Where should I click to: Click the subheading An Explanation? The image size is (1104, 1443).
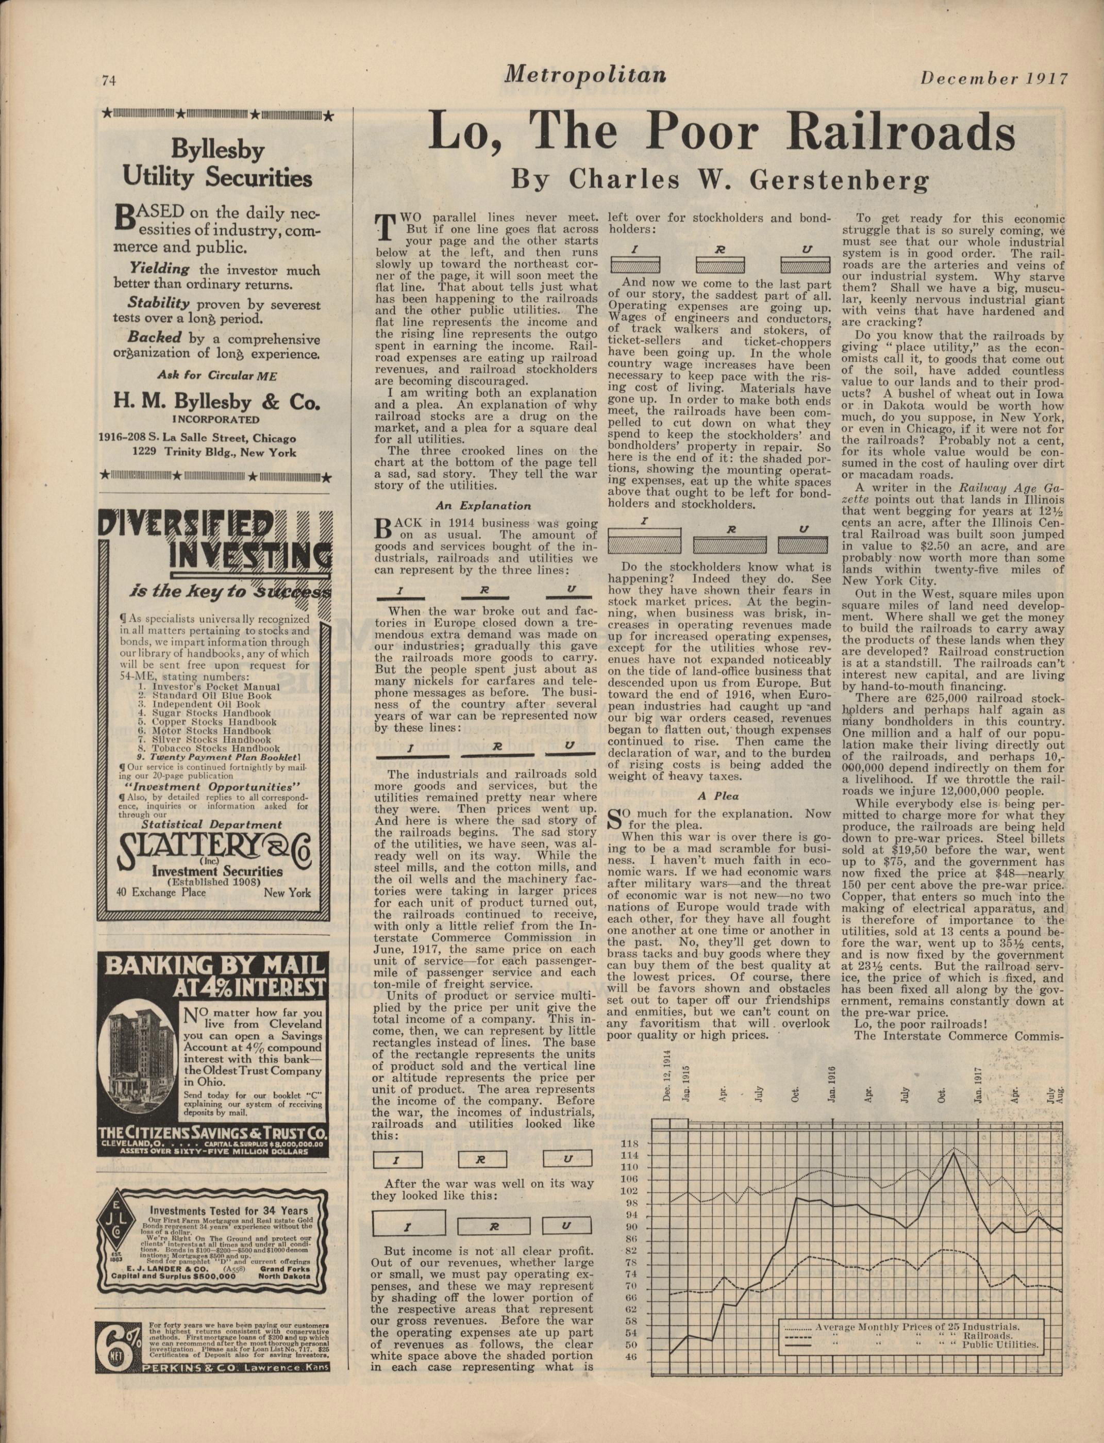(x=483, y=506)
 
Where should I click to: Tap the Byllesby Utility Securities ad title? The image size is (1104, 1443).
(x=217, y=163)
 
